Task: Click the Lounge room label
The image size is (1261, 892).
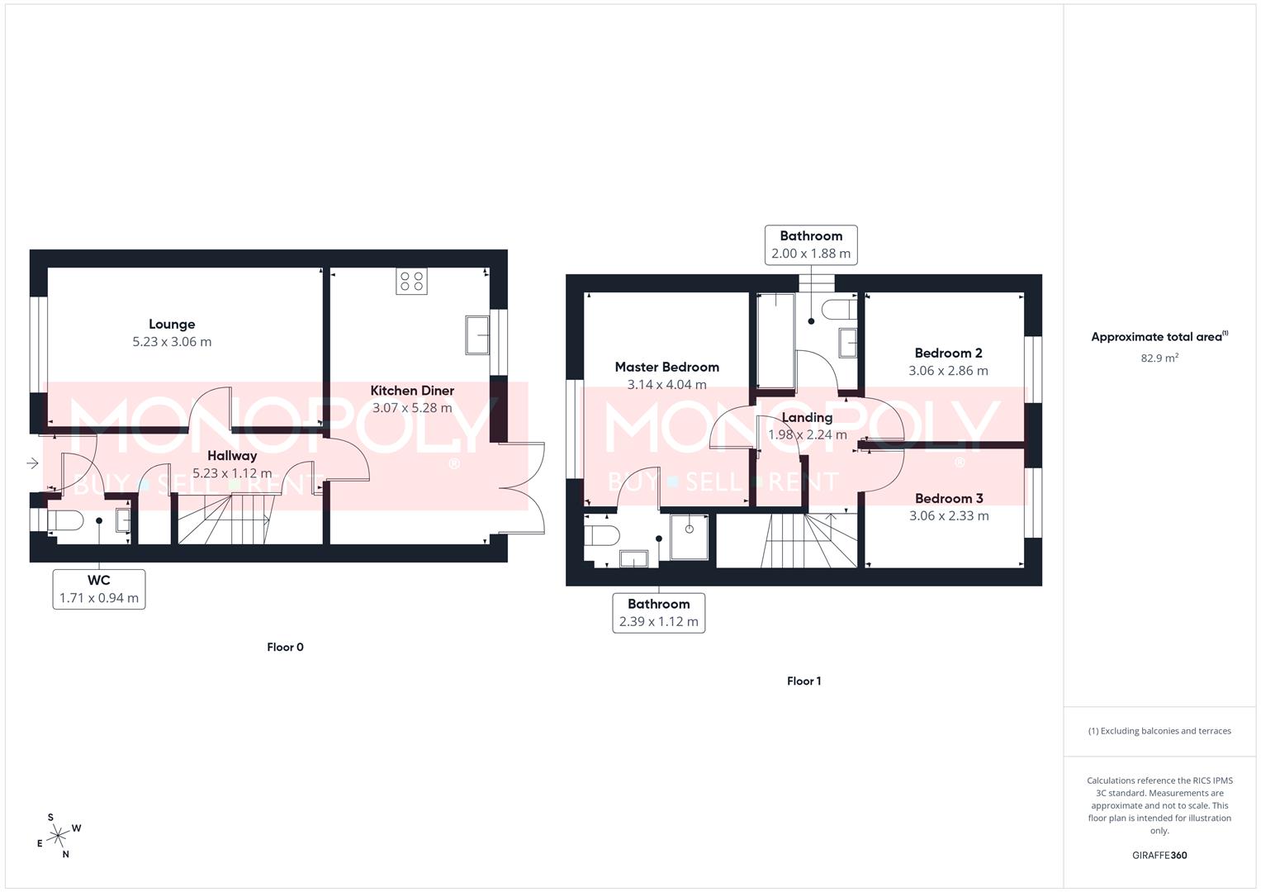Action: point(172,325)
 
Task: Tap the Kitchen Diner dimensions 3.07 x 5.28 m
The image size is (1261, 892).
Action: point(412,408)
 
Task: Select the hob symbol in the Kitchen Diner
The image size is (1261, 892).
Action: point(411,282)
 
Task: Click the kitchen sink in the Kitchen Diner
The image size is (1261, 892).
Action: point(476,334)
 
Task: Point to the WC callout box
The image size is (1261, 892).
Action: point(99,589)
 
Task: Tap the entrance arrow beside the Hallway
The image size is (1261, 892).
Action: point(32,463)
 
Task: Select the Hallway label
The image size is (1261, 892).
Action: point(232,456)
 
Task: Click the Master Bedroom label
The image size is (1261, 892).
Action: point(666,368)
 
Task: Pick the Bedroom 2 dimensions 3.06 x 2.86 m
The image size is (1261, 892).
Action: point(948,371)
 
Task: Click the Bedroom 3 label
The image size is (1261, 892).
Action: point(949,499)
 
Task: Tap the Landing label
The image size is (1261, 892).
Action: point(807,418)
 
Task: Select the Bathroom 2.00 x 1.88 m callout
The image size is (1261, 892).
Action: point(811,245)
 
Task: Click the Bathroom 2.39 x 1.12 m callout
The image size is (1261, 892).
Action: point(658,613)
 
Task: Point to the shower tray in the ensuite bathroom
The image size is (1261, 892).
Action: point(689,536)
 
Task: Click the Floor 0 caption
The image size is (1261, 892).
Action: point(285,648)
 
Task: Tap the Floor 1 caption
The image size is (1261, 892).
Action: point(804,681)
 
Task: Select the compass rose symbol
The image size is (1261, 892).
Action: point(59,837)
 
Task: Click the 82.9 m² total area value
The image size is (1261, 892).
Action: point(1159,358)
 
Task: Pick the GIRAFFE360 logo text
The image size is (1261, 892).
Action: point(1159,856)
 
